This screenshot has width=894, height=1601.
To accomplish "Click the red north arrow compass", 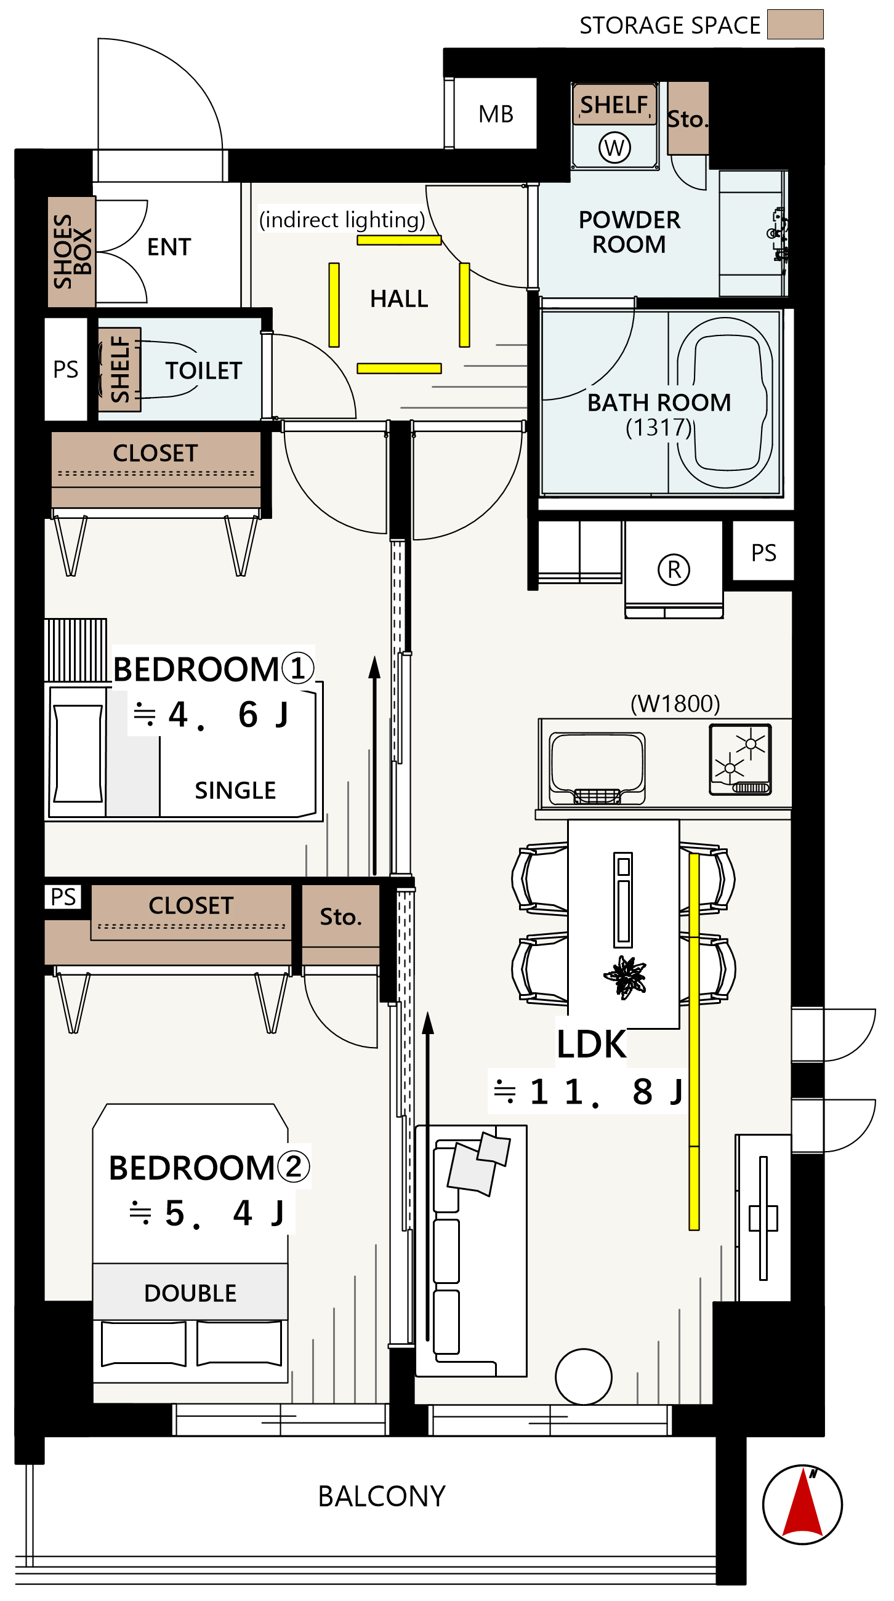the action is click(x=802, y=1504).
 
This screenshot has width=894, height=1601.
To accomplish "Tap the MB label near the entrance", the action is click(x=496, y=114).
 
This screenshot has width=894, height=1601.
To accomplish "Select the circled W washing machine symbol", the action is click(x=614, y=147).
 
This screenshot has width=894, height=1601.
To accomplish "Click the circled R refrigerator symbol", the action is click(x=674, y=569).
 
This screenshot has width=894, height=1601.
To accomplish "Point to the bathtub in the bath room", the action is click(x=725, y=403).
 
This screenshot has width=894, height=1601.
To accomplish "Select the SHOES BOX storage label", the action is click(x=72, y=252).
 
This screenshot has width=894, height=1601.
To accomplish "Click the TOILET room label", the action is click(x=203, y=371).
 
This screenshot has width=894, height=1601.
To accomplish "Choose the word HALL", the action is click(x=399, y=299).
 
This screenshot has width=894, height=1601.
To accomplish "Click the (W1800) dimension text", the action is click(x=675, y=704).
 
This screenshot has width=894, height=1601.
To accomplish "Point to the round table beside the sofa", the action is click(x=583, y=1376).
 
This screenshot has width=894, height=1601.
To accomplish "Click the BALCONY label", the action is click(x=382, y=1496).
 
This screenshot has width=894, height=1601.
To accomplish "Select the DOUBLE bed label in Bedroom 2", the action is click(x=190, y=1293).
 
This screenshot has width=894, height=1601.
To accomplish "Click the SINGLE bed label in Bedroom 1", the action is click(x=235, y=790).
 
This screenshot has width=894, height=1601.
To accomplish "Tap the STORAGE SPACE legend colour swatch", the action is click(x=795, y=24).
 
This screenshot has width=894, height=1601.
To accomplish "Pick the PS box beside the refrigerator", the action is click(x=763, y=553).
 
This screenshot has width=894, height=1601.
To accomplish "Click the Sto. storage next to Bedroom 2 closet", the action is click(x=340, y=917).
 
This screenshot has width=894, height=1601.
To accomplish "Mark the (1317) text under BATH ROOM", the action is click(x=658, y=428).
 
